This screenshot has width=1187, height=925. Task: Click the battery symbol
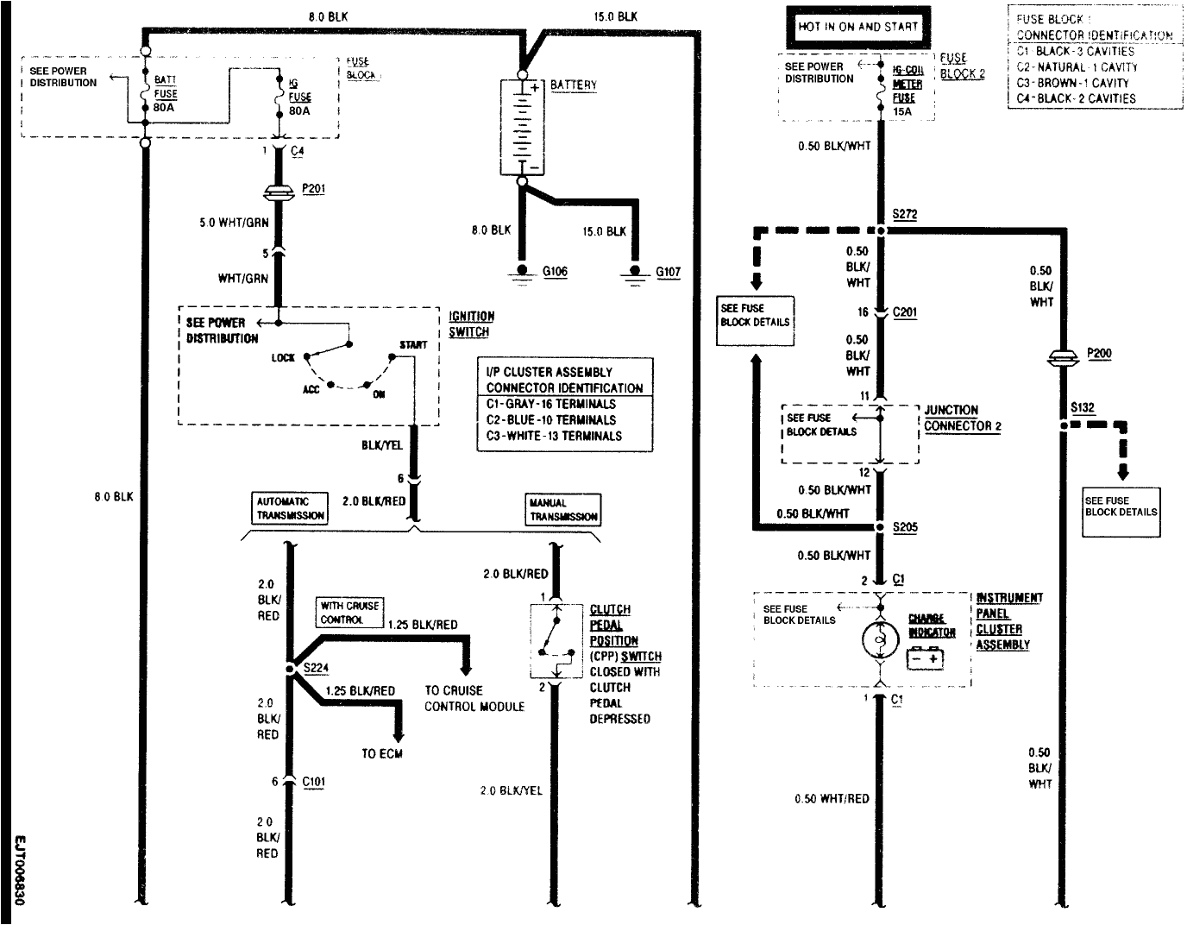click(x=521, y=127)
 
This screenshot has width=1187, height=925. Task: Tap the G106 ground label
click(x=555, y=272)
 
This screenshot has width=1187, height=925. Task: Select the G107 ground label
click(x=668, y=272)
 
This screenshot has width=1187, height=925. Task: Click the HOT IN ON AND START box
click(x=857, y=27)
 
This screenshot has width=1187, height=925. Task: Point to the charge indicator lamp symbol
click(x=880, y=639)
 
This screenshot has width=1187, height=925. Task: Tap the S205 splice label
click(x=905, y=526)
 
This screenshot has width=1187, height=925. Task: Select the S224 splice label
click(x=315, y=668)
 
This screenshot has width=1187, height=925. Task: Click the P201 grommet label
click(x=314, y=188)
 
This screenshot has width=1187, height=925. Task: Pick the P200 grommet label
click(x=1099, y=353)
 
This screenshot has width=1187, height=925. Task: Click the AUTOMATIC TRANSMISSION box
click(x=291, y=508)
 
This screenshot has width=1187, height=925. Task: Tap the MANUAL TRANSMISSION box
click(x=563, y=509)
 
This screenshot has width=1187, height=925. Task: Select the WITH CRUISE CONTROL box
click(x=349, y=613)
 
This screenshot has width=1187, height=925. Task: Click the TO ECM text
click(x=382, y=753)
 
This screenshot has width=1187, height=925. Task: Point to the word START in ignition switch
click(x=413, y=344)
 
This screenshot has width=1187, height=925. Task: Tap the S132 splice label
click(x=1082, y=407)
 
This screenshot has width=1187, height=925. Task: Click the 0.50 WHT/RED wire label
click(x=832, y=799)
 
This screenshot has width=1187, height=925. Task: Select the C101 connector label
click(x=315, y=782)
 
